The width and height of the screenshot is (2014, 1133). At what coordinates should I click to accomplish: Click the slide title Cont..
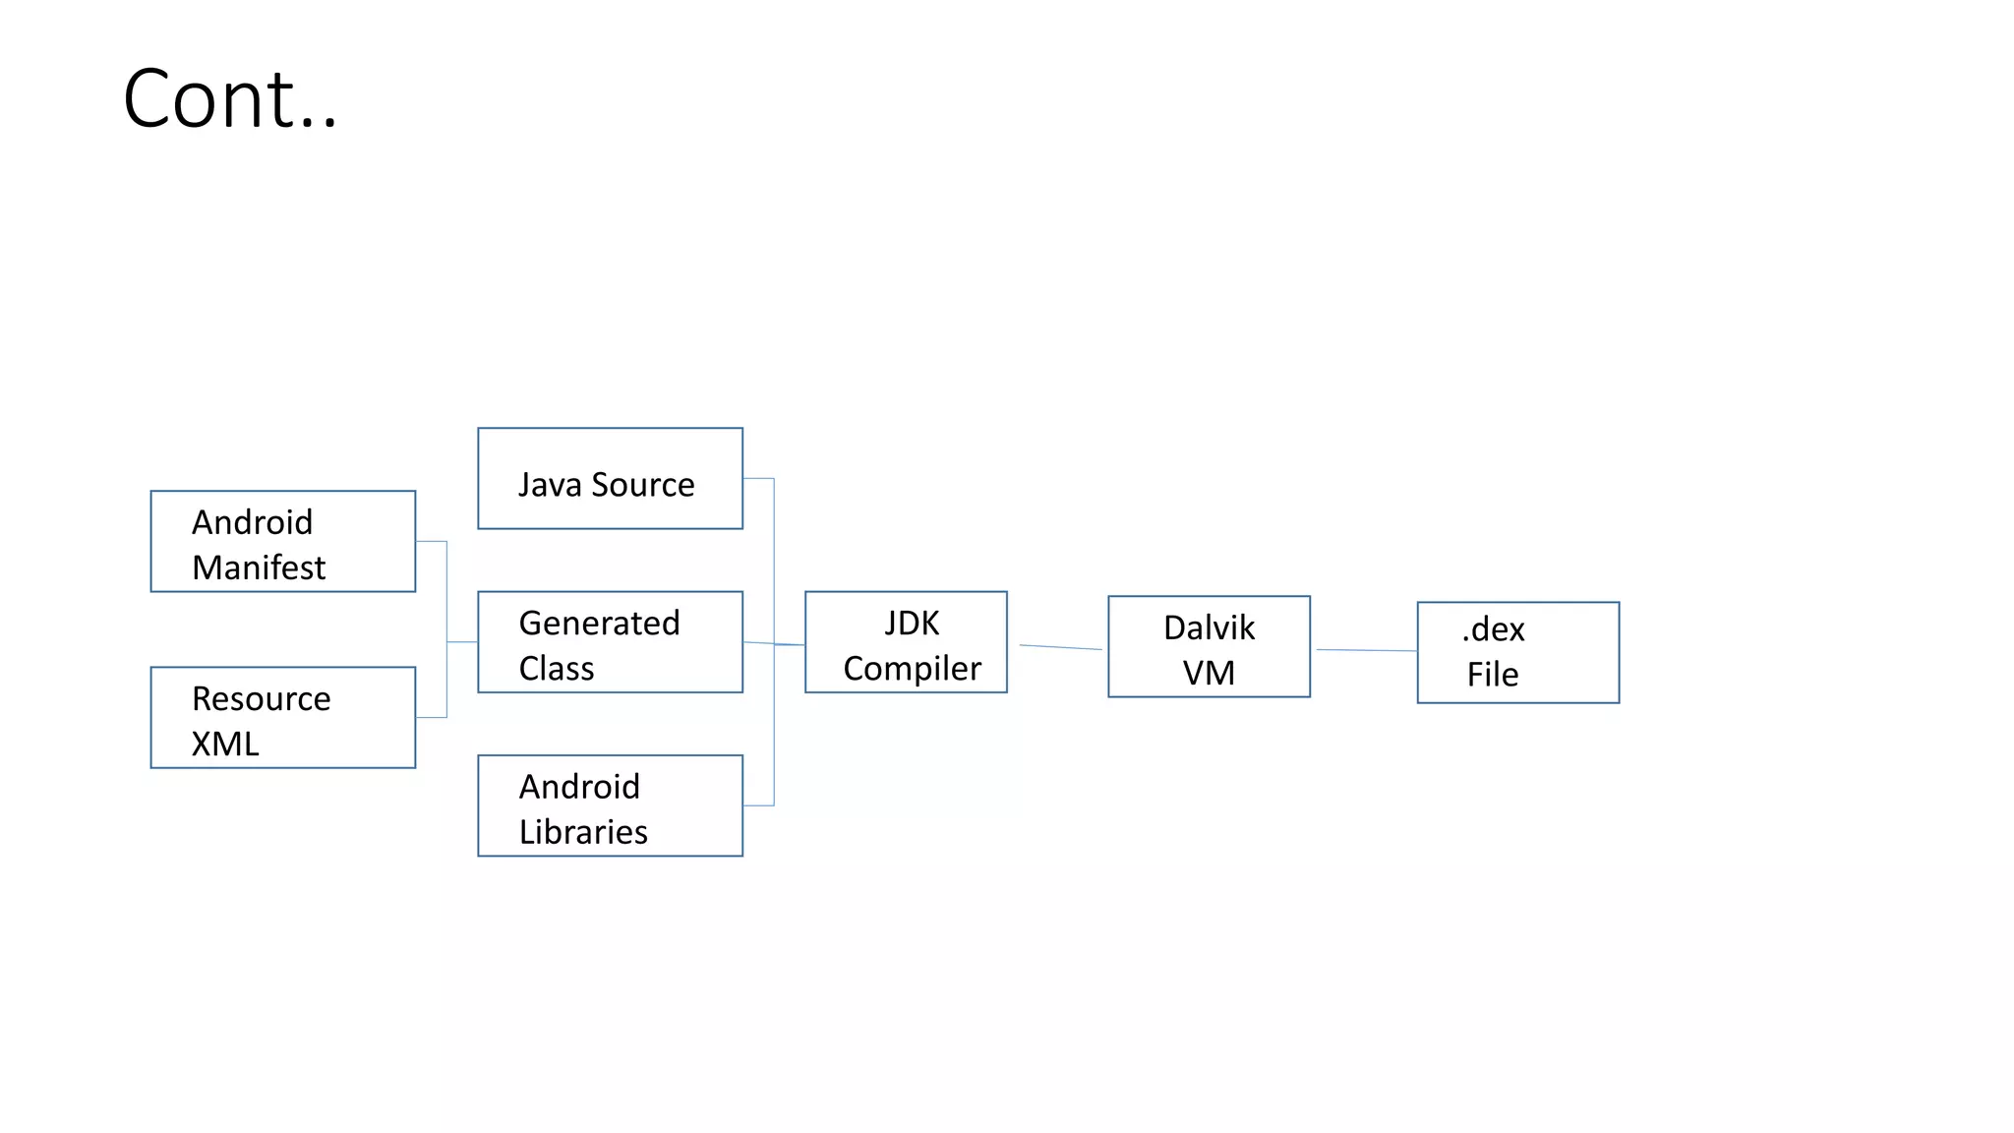click(x=230, y=98)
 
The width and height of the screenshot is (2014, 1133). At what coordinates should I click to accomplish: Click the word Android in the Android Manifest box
click(x=252, y=522)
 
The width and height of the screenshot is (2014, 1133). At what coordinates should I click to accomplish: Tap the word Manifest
click(x=259, y=567)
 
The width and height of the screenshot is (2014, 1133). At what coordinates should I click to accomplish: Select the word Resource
click(x=261, y=698)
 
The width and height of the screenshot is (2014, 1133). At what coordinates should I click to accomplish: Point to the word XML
click(x=225, y=744)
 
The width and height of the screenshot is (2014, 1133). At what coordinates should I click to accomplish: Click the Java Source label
click(x=606, y=485)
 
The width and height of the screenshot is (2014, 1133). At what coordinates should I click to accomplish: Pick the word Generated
click(x=599, y=623)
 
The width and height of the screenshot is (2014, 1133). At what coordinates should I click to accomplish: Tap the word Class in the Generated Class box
click(x=556, y=669)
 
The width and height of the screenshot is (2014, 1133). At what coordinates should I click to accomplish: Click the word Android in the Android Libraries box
click(x=579, y=787)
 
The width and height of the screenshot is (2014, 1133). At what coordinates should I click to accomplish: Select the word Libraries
click(x=583, y=832)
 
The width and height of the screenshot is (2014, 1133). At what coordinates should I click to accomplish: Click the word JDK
click(x=912, y=623)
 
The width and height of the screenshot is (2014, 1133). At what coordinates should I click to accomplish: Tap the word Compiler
click(x=912, y=669)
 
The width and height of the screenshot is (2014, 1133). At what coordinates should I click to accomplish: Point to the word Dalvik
click(x=1209, y=627)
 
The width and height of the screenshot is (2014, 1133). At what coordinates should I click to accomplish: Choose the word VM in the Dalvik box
click(x=1209, y=673)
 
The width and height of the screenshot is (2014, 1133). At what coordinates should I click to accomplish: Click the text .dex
click(x=1493, y=629)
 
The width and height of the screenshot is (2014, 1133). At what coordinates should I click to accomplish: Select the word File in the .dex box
click(x=1493, y=675)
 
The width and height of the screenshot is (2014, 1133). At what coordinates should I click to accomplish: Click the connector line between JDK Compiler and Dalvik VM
click(x=1060, y=647)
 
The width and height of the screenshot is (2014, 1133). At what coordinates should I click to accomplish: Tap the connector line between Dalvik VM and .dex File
click(x=1366, y=650)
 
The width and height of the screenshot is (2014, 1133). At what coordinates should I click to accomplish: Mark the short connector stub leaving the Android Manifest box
click(x=431, y=542)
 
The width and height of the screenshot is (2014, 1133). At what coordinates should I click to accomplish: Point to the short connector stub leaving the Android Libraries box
click(x=758, y=805)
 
